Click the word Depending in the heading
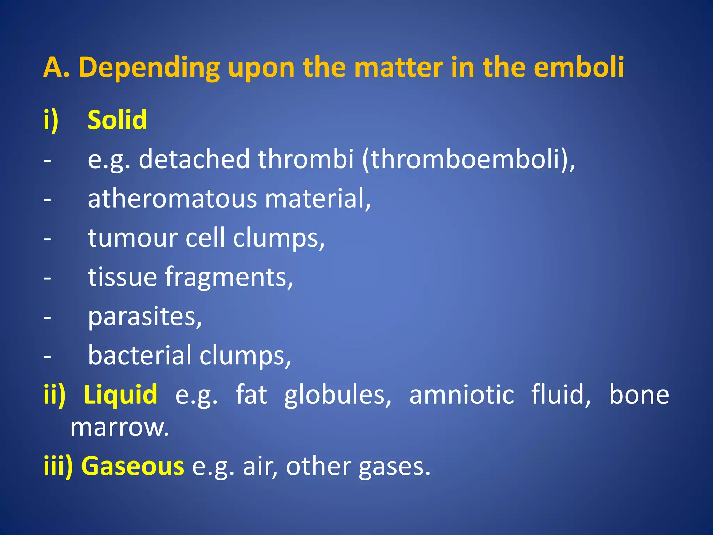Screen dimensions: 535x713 [149, 68]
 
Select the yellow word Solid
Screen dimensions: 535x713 [117, 120]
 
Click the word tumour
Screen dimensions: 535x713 [132, 238]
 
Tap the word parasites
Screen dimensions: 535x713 [144, 317]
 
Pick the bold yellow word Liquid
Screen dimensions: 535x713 [120, 395]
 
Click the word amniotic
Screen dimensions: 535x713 [462, 395]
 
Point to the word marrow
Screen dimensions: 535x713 [119, 427]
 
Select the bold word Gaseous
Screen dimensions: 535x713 [132, 466]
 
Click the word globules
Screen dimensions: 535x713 [338, 395]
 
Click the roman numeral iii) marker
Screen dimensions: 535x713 [58, 466]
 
